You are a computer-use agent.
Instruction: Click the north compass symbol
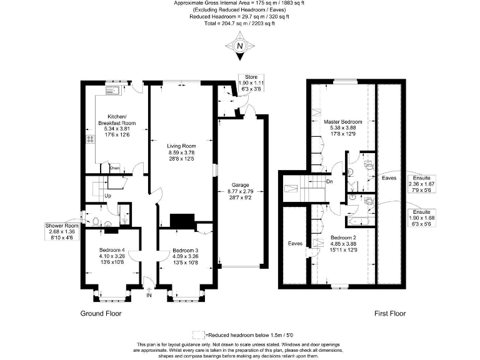coord(239,47)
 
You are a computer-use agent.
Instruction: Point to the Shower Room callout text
coord(62,232)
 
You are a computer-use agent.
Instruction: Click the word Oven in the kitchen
coord(114,168)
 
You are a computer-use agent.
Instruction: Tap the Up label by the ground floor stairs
coord(107,196)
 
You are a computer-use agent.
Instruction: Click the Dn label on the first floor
coord(329,182)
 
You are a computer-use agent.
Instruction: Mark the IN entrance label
coord(149,295)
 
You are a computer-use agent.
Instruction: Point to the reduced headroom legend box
coord(198,334)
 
